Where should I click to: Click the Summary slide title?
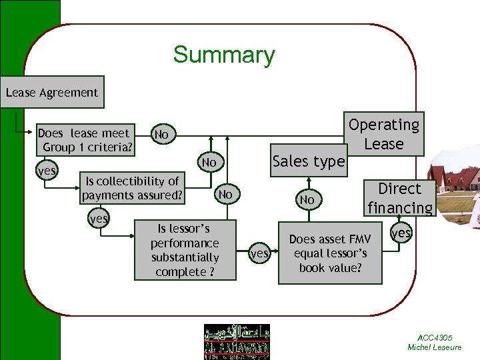coord(223,55)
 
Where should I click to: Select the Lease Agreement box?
coord(52,93)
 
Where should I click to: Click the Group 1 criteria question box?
coord(85,139)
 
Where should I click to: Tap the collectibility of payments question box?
coord(131,189)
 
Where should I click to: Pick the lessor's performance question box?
coord(185,250)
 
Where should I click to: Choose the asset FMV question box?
coord(330,253)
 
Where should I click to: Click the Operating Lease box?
coord(384,134)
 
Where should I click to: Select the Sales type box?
coord(309,161)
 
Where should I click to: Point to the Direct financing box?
coord(399,198)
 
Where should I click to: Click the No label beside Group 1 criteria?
coord(162,135)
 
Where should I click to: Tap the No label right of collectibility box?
coord(226,195)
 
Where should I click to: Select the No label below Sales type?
coord(307,199)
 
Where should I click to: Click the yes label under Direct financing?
coord(401,233)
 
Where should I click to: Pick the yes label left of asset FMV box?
coord(259,254)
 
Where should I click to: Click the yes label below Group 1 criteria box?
coord(47,171)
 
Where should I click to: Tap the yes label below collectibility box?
coord(99,219)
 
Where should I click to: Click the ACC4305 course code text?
coord(435,338)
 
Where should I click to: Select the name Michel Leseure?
coord(435,347)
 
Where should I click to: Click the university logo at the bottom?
coord(237,341)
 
